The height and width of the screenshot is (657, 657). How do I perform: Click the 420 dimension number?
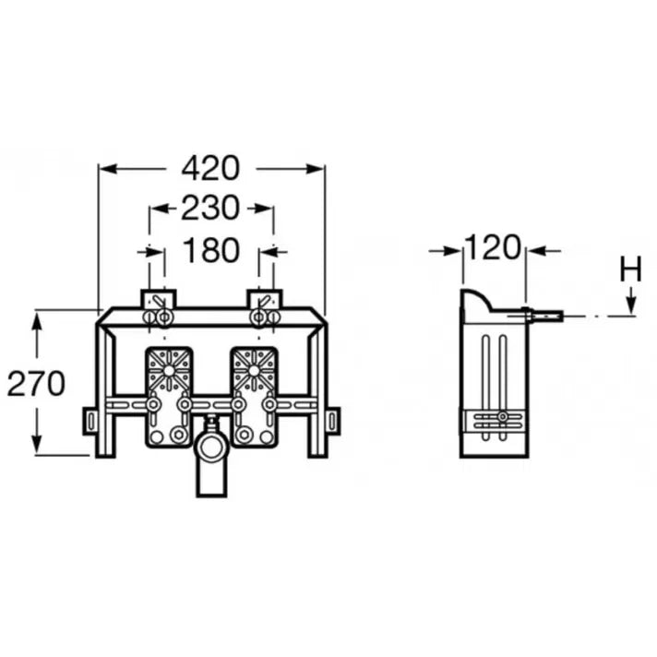(210, 169)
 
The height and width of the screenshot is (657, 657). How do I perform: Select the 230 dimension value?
(210, 208)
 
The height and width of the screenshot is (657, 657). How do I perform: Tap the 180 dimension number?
(210, 250)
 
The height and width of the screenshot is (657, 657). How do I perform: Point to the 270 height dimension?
(37, 383)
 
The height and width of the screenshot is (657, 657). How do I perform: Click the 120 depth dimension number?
(494, 247)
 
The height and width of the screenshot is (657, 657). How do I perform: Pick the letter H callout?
(630, 269)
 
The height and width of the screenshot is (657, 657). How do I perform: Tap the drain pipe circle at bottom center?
(212, 448)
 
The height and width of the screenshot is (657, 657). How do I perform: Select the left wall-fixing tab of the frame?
(90, 421)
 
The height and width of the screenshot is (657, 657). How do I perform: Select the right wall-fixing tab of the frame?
(332, 421)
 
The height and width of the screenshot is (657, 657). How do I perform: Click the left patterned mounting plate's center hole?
(169, 371)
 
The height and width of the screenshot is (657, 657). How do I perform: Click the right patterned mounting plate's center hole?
(254, 371)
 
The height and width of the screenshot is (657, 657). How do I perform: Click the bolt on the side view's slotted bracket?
(502, 417)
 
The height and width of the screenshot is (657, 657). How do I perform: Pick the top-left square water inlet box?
(159, 299)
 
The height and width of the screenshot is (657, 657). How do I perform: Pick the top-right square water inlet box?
(265, 299)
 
